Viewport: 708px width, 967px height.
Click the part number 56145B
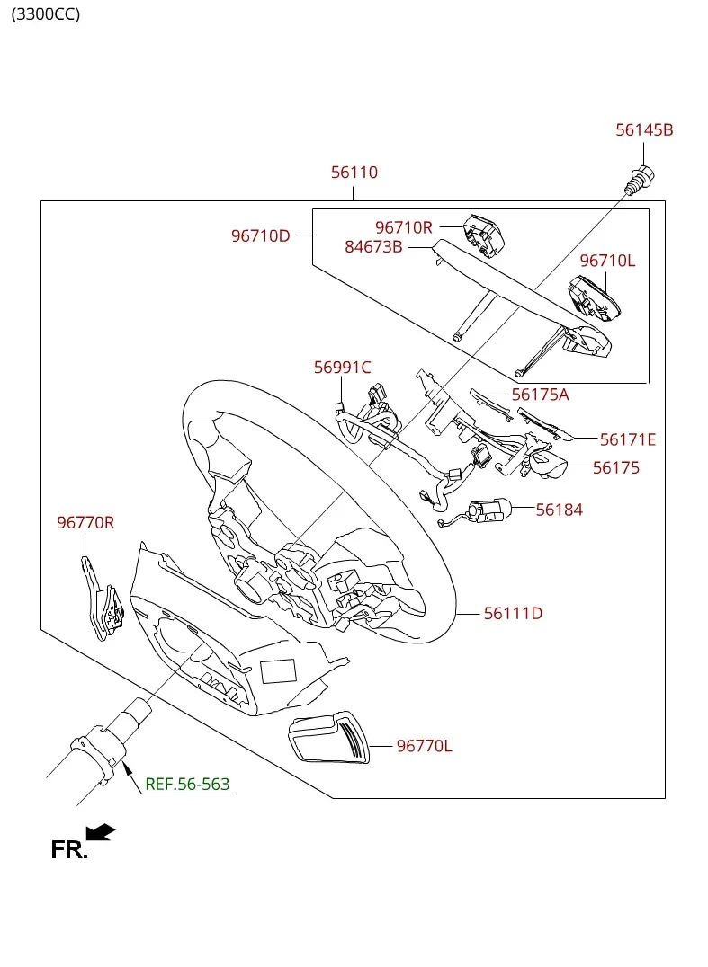click(644, 130)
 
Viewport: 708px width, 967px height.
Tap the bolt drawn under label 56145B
click(641, 181)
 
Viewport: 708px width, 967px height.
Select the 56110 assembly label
click(354, 173)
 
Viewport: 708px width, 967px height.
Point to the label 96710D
click(261, 236)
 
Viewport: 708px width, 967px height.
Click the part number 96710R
click(404, 228)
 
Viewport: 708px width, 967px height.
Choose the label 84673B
click(373, 247)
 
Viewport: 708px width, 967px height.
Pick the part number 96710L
click(607, 261)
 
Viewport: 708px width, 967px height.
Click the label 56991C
click(343, 368)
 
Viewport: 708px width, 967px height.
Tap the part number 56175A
click(540, 395)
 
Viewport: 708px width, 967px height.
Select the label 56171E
click(628, 439)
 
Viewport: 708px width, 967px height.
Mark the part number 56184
click(560, 510)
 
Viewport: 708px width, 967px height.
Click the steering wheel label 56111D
click(513, 614)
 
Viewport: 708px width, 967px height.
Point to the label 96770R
click(85, 523)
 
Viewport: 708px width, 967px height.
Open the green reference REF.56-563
click(187, 785)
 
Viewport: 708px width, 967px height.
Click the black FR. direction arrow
click(101, 832)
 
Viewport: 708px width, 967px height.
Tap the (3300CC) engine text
click(46, 14)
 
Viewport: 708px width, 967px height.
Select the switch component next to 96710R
click(484, 235)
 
